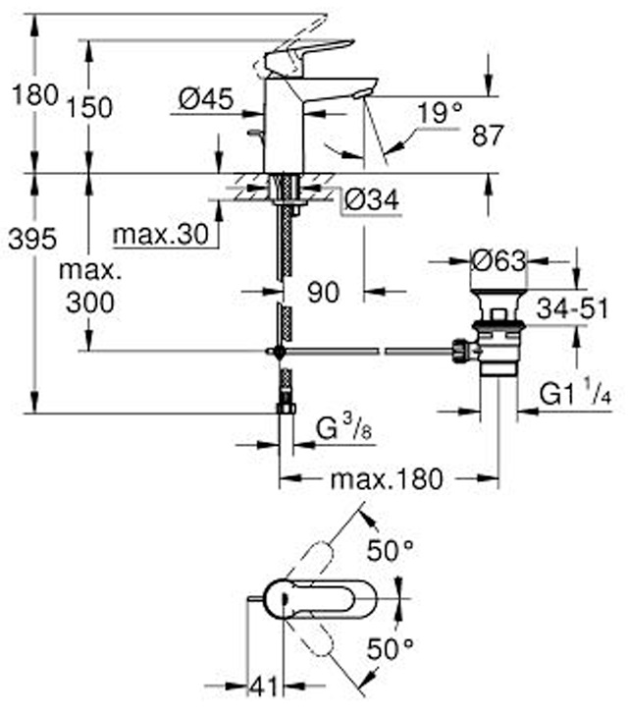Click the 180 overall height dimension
click(35, 95)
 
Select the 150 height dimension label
click(89, 107)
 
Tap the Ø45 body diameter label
click(206, 98)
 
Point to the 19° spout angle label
click(440, 113)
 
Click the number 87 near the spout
click(488, 136)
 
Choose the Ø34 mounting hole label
click(371, 199)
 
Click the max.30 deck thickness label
click(161, 235)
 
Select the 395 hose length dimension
click(32, 239)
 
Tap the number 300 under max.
click(90, 303)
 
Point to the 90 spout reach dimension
click(324, 292)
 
